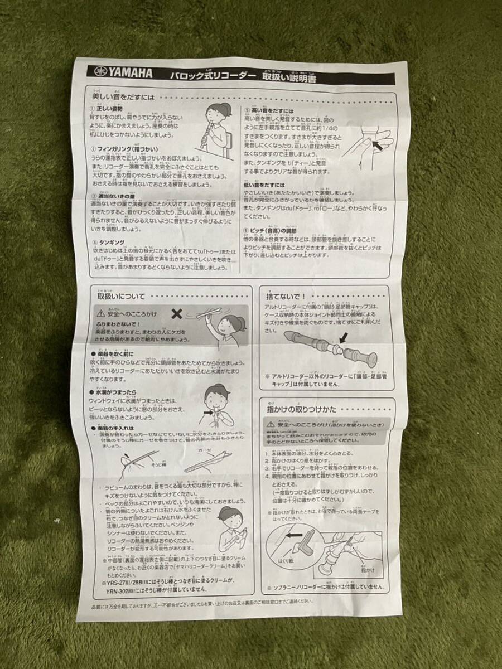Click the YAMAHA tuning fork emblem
click(101, 72)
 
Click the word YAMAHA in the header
click(131, 73)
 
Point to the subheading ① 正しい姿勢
click(106, 108)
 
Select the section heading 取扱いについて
click(121, 297)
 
